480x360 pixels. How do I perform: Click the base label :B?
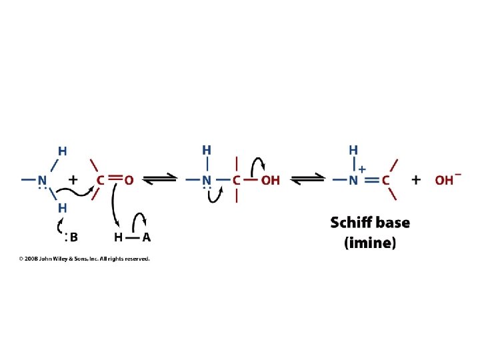pyautogui.click(x=71, y=237)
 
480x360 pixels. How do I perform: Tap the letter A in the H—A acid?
pyautogui.click(x=146, y=237)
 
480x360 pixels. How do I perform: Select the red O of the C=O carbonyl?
pyautogui.click(x=129, y=180)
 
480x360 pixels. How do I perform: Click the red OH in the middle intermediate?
pyautogui.click(x=270, y=180)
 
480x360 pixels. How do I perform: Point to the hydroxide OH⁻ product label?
pyautogui.click(x=447, y=180)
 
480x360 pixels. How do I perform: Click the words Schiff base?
pyautogui.click(x=370, y=223)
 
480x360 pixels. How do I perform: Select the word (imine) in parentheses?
pyautogui.click(x=370, y=243)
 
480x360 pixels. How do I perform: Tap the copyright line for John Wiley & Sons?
pyautogui.click(x=84, y=259)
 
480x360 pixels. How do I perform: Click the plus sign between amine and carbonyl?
pyautogui.click(x=72, y=180)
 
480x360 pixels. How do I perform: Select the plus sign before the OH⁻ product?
pyautogui.click(x=417, y=180)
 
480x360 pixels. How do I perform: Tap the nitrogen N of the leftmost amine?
pyautogui.click(x=43, y=180)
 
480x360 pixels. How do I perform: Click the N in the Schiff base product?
pyautogui.click(x=353, y=180)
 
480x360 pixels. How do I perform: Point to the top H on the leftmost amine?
pyautogui.click(x=62, y=151)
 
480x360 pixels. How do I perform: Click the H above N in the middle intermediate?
pyautogui.click(x=207, y=150)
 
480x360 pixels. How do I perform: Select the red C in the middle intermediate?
pyautogui.click(x=236, y=180)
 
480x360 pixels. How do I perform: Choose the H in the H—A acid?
pyautogui.click(x=118, y=237)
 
